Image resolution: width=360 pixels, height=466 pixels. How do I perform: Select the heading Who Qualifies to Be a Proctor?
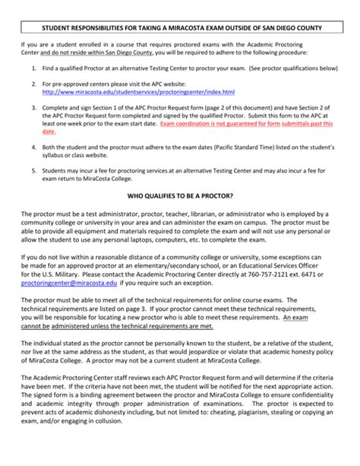click(x=180, y=195)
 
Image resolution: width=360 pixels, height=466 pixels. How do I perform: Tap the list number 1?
click(x=34, y=68)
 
